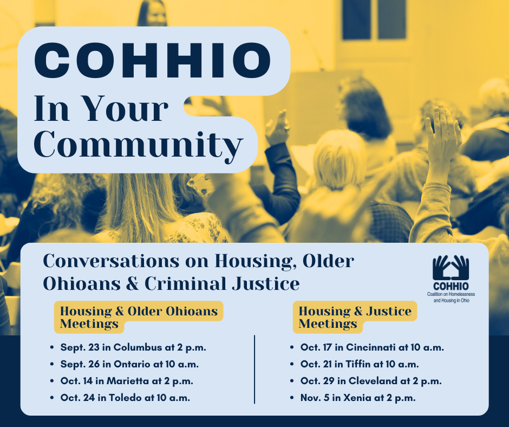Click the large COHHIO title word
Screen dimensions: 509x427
coord(152,61)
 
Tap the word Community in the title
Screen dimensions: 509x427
coord(138,145)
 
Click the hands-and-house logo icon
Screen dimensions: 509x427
coord(451,268)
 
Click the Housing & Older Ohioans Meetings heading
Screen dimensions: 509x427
coord(139,317)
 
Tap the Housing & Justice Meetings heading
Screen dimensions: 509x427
coord(355,317)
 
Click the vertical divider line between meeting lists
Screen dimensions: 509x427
coord(255,370)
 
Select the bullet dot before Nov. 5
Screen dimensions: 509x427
coord(292,398)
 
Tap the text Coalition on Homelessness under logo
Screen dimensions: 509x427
coord(451,294)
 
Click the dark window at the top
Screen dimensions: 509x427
coord(374,20)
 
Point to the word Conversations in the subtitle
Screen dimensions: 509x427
coord(111,261)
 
